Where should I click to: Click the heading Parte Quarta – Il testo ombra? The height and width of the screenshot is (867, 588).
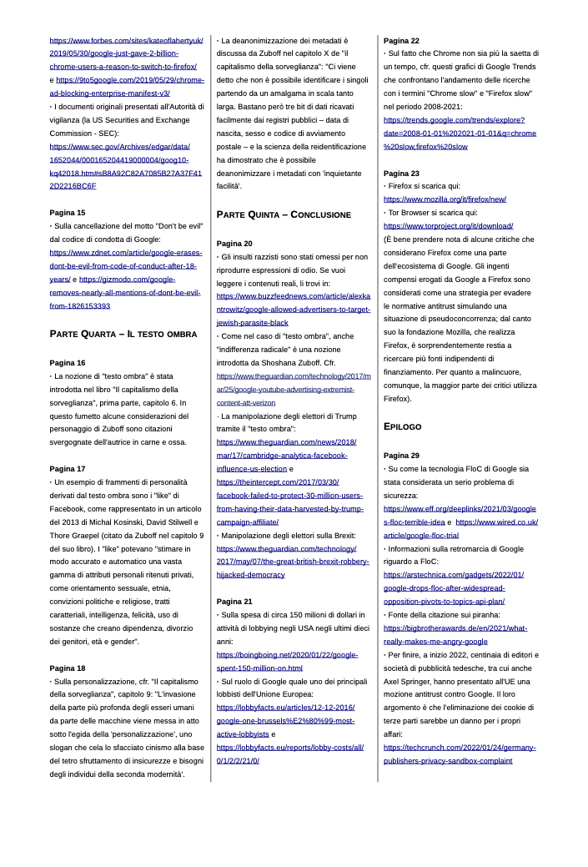123,334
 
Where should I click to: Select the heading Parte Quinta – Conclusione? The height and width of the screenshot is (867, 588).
284,214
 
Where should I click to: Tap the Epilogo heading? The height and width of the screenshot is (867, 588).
404,426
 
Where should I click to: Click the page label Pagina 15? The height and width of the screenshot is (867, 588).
68,213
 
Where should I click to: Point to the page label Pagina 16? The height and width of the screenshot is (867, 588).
68,363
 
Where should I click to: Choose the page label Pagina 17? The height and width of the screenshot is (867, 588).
68,469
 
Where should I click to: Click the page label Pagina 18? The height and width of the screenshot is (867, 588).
68,668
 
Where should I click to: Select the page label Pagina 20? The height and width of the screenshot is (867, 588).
234,244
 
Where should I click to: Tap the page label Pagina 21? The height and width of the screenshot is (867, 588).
234,602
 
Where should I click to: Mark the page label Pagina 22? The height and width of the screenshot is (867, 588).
401,41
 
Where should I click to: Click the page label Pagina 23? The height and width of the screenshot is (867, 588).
401,174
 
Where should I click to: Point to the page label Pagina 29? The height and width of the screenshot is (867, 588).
401,456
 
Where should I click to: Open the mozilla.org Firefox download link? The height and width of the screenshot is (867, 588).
445,199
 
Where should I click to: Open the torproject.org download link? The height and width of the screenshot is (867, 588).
448,226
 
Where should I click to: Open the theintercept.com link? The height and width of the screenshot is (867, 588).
278,482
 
